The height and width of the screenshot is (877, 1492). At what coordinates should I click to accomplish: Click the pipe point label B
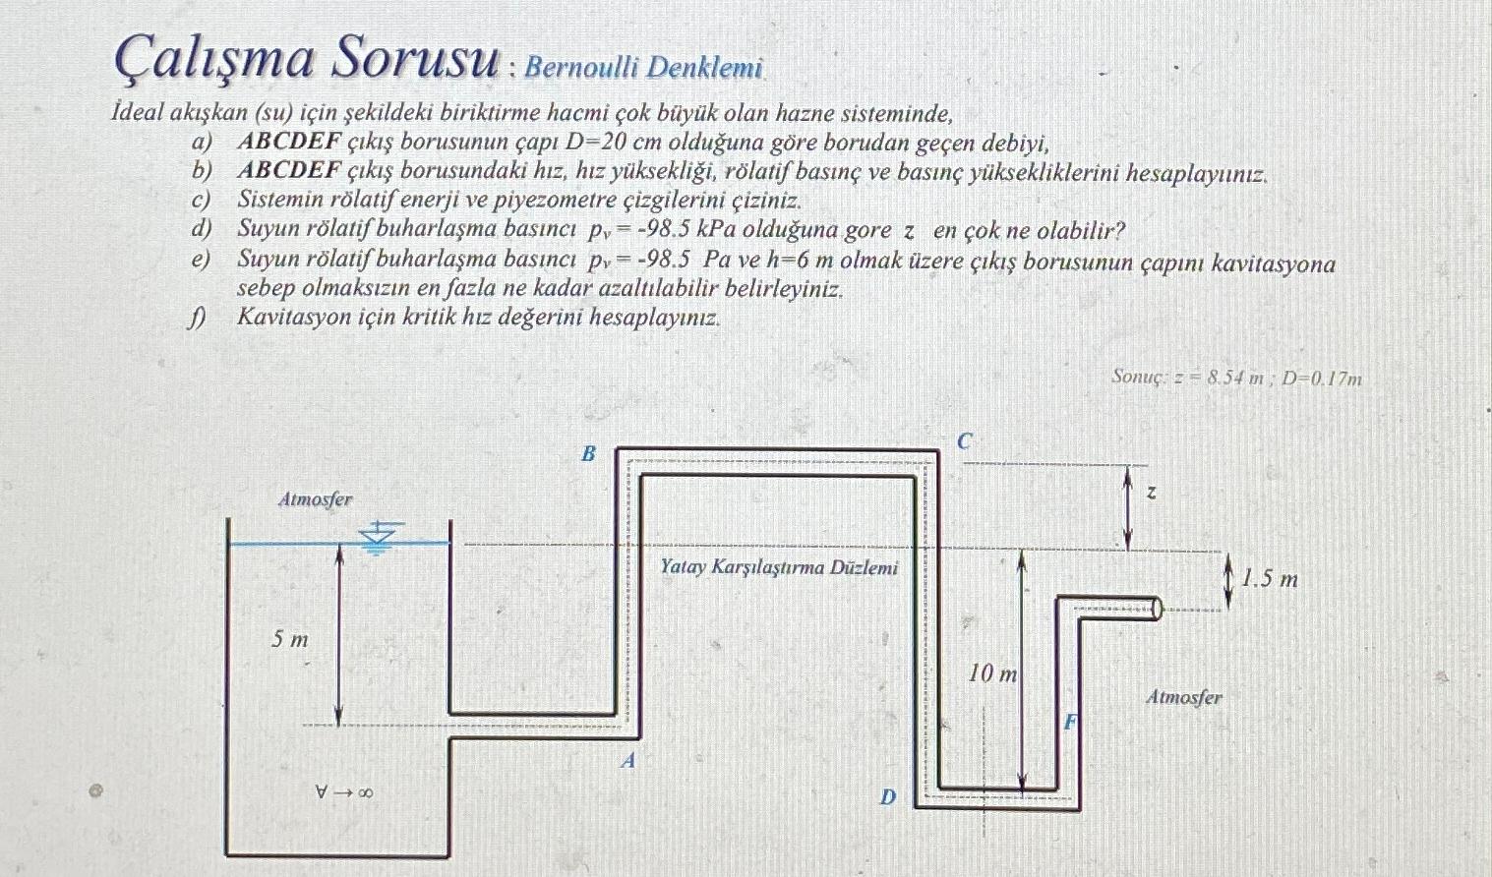point(588,453)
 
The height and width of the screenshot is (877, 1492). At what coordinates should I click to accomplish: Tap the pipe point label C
point(965,441)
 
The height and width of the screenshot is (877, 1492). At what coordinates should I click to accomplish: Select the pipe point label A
point(628,760)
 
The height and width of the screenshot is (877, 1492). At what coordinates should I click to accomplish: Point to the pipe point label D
point(887,797)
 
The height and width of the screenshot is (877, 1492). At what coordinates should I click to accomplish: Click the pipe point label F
point(1072,723)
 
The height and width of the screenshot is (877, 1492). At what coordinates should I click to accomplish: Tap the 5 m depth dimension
point(290,640)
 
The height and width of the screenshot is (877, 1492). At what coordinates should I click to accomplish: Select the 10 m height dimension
point(992,673)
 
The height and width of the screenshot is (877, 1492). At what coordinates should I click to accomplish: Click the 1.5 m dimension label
point(1269,579)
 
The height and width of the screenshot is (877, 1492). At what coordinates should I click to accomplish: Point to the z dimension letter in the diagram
point(1151,491)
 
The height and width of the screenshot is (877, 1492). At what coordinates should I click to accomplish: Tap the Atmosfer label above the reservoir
point(315,499)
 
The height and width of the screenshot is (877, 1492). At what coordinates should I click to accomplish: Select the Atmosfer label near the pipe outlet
point(1184,697)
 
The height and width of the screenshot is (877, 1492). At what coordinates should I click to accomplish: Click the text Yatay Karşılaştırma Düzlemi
point(779,567)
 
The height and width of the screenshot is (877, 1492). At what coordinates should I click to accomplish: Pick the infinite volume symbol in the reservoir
point(343,791)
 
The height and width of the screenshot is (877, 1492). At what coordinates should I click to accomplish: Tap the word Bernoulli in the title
point(581,67)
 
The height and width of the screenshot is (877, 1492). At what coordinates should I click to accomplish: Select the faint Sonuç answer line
point(1236,377)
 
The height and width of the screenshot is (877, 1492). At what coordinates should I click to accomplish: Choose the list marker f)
point(200,318)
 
